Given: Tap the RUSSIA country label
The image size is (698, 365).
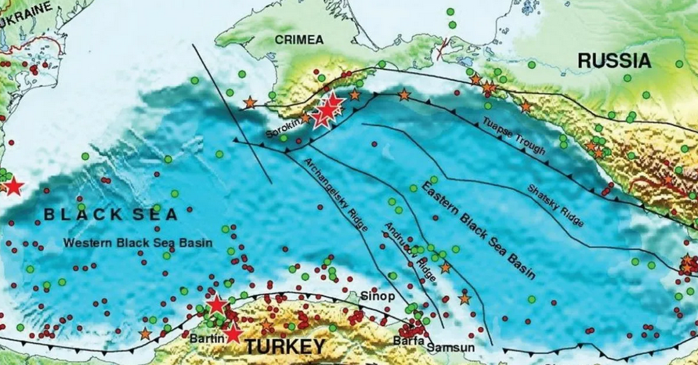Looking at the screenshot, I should (x=614, y=60).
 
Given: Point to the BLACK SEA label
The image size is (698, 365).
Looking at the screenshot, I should (x=110, y=213).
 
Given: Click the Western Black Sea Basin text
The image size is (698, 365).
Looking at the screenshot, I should (x=138, y=243).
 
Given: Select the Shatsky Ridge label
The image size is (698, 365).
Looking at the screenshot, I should (x=555, y=205).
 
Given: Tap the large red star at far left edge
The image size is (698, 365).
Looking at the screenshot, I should (x=13, y=186).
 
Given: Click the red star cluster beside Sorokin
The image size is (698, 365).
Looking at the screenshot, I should (x=326, y=111).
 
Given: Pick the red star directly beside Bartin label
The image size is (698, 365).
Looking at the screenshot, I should (x=232, y=334).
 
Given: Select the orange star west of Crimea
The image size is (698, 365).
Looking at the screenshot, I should (x=249, y=102).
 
